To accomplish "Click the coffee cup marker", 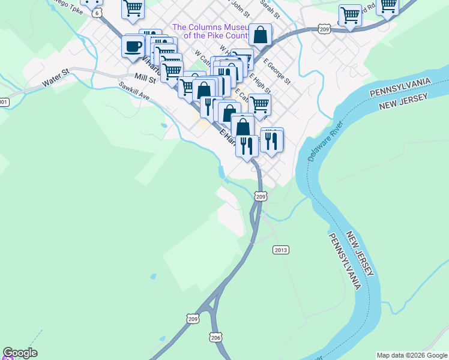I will pyautogui.click(x=133, y=46).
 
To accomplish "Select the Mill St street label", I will pyautogui.click(x=145, y=78).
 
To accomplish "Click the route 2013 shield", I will pyautogui.click(x=281, y=250).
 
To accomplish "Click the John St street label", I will pyautogui.click(x=240, y=8).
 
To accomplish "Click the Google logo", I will pyautogui.click(x=20, y=353).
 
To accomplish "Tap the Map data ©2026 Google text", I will pyautogui.click(x=412, y=355).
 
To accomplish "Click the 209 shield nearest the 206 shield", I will pyautogui.click(x=192, y=319).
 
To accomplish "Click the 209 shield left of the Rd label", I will pyautogui.click(x=325, y=29).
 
